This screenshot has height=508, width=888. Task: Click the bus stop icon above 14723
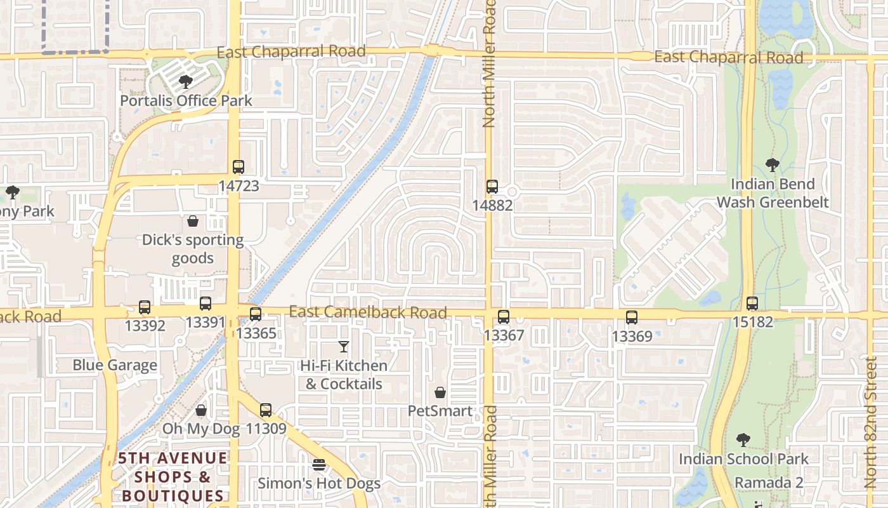point(238,167)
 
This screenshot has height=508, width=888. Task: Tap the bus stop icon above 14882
point(492,187)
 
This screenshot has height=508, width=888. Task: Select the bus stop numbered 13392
point(145,307)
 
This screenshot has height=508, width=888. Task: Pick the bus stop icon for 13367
point(504,317)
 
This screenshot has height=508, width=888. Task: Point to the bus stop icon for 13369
point(632,317)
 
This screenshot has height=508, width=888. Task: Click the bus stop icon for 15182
point(752,304)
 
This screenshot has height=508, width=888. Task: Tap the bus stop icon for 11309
point(266,410)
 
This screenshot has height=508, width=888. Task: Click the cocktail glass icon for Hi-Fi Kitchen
point(344,347)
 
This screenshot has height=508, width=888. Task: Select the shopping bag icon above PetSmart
point(440,393)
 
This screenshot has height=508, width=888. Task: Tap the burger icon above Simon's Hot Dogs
point(319,465)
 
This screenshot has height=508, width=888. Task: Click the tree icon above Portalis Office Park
point(186,81)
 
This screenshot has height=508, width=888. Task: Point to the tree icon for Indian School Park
point(743,439)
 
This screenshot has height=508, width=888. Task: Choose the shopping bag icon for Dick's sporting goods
point(193,221)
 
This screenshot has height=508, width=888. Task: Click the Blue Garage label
point(115,365)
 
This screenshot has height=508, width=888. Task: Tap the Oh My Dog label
point(201,429)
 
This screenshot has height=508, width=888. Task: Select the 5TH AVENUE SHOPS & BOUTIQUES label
point(173,477)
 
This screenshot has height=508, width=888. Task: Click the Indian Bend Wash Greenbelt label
point(773,193)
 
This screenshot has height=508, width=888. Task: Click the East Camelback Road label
point(368,312)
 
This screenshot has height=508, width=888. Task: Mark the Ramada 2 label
point(769,483)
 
